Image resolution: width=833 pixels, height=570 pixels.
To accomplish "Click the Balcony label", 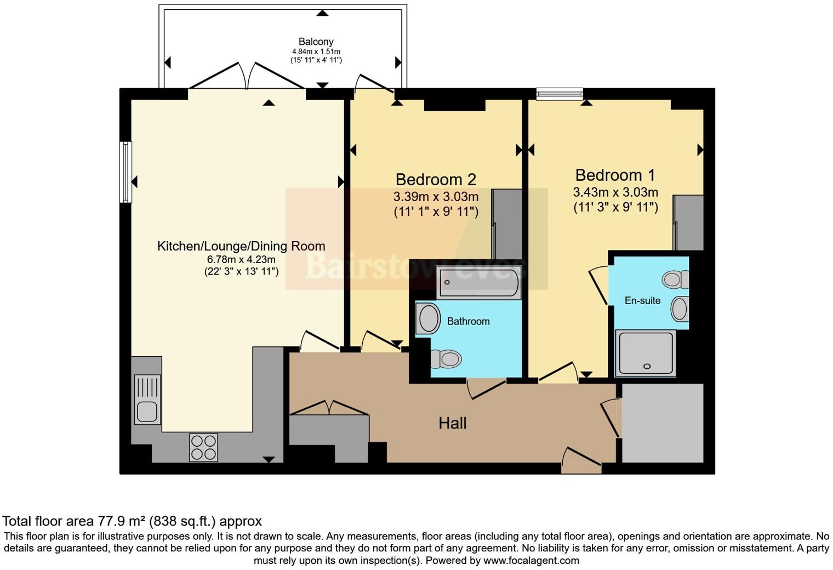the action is pos(316,42).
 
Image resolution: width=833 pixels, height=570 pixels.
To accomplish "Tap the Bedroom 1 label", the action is pos(615,175).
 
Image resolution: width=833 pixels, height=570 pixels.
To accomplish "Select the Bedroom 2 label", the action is pos(436,180).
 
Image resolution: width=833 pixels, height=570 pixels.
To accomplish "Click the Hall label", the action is pos(452,423).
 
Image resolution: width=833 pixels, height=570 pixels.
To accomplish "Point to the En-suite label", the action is pos(642,300).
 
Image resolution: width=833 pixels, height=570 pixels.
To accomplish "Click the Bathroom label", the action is pos(468,321).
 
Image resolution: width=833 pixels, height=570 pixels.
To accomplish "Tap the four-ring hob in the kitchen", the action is pos(203,448).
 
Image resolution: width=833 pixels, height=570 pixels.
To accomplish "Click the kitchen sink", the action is pos(147,400).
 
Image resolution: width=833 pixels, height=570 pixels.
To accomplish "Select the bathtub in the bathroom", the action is pos(478,282).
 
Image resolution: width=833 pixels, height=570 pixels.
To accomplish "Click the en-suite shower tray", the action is pos(645,353).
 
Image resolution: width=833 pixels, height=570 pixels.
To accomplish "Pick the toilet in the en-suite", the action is pos(675,279).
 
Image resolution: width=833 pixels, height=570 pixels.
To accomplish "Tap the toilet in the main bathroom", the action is pos(446,359).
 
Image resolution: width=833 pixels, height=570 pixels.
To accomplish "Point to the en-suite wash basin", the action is pos(680,309).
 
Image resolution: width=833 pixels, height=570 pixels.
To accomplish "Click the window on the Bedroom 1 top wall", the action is pos(560,94).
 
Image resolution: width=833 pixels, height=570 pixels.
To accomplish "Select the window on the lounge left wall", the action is pos(125,172).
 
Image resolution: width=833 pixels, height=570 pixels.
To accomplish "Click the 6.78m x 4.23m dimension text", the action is pos(241,259).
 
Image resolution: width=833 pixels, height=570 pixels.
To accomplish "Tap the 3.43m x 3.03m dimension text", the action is pos(615,192).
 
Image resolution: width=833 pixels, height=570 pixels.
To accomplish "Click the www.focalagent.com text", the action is pos(531,560).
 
